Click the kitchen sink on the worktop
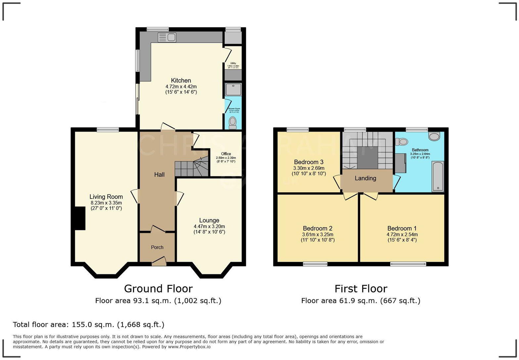[167, 37]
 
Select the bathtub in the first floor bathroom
[438, 176]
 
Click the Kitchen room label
[181, 80]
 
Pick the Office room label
[226, 154]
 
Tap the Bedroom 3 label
[308, 162]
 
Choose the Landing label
[365, 178]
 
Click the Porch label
[157, 247]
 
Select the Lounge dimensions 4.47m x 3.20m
[209, 226]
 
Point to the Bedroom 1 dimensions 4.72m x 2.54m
[402, 234]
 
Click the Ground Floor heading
[158, 289]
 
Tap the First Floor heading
[360, 289]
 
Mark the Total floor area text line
[88, 324]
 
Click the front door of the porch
[159, 263]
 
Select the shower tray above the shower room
[233, 89]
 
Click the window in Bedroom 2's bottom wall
[315, 264]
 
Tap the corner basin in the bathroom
[434, 136]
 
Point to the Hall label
[159, 174]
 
